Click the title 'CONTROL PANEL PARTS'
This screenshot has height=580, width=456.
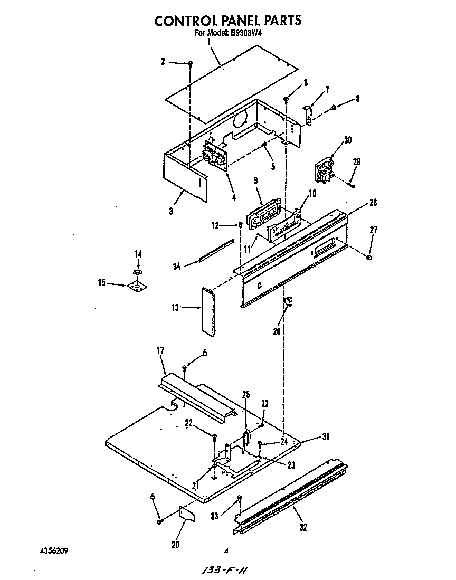(x=227, y=21)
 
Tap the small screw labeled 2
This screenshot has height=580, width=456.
(x=190, y=64)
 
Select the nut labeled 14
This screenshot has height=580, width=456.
(x=137, y=271)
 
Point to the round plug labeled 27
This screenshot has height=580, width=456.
(x=369, y=258)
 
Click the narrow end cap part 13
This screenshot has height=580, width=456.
(x=208, y=311)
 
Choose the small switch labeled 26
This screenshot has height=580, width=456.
(x=288, y=302)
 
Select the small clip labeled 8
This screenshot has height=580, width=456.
(x=332, y=108)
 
